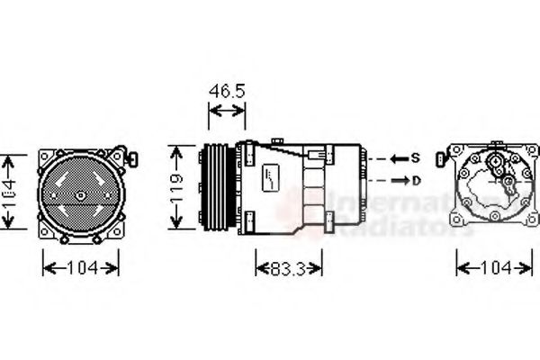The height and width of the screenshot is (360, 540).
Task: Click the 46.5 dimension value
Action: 226,90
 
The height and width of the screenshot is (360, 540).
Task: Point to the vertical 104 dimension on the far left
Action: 8,193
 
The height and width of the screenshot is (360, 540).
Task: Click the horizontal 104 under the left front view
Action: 81,267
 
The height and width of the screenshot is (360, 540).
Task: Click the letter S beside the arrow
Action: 415,158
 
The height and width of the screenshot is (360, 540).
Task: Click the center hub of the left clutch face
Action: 80,195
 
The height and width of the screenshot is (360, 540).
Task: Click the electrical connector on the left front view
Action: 132,159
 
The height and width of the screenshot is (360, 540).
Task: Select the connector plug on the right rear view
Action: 439,159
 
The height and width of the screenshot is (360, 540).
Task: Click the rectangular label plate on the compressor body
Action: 271,177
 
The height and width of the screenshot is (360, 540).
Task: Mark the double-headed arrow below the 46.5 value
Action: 226,111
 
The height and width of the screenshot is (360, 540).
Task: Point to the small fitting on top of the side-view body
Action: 277,140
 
